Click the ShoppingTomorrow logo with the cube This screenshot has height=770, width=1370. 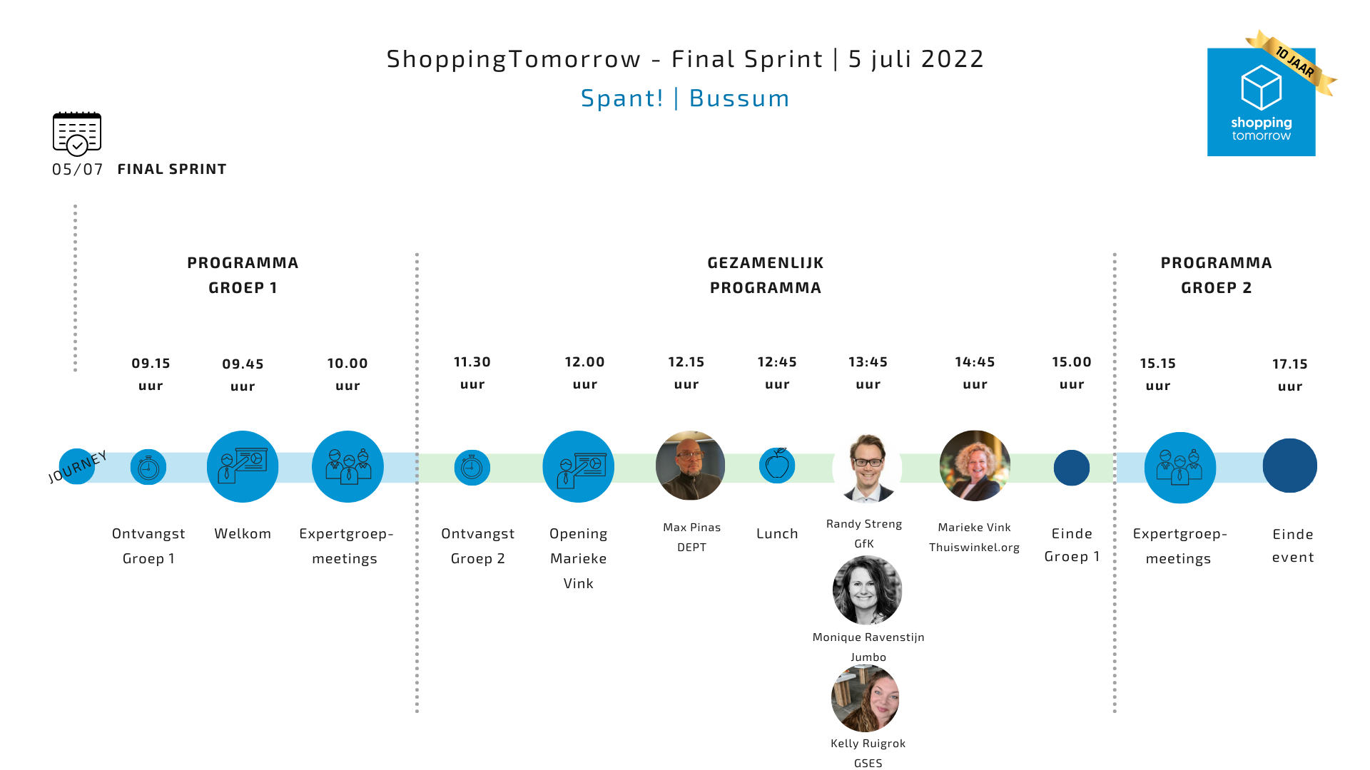[x=1261, y=101]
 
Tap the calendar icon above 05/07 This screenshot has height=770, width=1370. [x=77, y=133]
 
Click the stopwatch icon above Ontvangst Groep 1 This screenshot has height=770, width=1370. [x=148, y=468]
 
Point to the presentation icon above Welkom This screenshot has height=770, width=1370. [x=243, y=466]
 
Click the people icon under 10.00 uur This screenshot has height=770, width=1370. [x=347, y=466]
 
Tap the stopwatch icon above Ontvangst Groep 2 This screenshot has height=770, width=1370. [x=472, y=468]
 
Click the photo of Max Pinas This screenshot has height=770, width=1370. [x=690, y=466]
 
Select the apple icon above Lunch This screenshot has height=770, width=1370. [x=777, y=466]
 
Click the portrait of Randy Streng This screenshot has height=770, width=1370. [x=867, y=468]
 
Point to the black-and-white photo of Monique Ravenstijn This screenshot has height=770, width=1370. [x=867, y=590]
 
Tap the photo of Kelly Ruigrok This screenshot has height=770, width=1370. [x=866, y=698]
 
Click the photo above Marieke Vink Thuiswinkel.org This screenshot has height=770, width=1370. [x=975, y=466]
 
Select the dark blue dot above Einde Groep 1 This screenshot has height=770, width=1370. [x=1072, y=468]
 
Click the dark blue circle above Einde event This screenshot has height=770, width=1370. [x=1290, y=466]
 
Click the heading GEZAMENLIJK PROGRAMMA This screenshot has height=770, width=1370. [x=766, y=275]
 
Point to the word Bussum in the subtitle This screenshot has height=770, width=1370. [x=739, y=98]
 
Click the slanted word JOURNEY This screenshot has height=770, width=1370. [x=78, y=467]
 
